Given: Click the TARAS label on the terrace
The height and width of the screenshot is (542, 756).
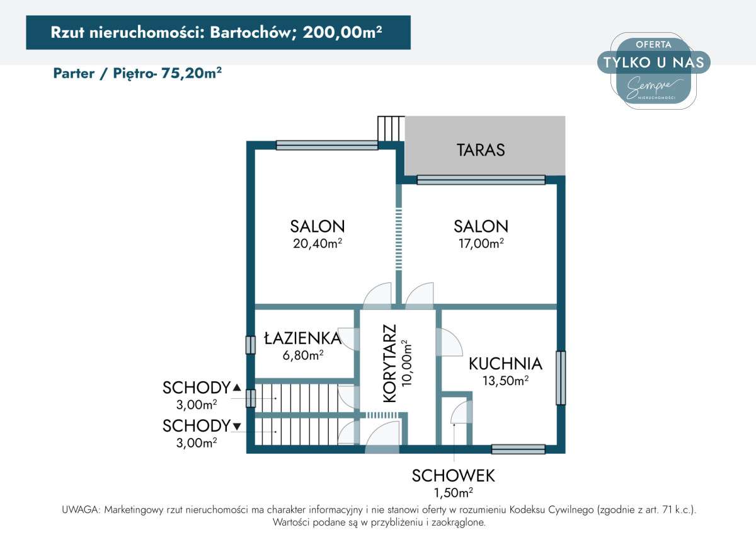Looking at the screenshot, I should click(481, 150).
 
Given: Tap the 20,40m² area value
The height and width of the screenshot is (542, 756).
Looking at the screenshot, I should click(317, 243).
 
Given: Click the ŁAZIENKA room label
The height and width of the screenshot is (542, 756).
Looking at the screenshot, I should click(302, 338).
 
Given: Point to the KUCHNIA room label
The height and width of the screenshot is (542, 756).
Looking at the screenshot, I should click(505, 364).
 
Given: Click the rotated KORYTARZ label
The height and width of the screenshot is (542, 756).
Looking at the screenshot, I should click(390, 364).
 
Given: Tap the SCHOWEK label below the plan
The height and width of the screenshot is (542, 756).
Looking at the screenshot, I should click(454, 475).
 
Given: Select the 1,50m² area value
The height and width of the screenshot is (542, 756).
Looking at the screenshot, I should click(453, 492).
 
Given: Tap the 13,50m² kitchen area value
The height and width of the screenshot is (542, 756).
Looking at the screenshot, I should click(505, 381).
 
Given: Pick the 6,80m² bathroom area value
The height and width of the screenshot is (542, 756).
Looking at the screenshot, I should click(302, 355).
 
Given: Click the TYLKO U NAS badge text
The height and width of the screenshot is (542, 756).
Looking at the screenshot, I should click(653, 62).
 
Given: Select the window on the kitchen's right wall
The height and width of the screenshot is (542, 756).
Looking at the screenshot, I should click(560, 378).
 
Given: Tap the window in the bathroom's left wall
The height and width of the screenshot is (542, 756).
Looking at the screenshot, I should click(250, 344).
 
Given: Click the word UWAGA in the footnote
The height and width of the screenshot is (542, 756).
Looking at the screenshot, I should click(79, 510).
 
